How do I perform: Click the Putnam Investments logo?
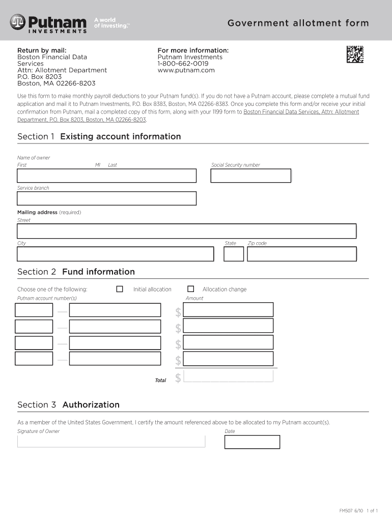click(x=48, y=23)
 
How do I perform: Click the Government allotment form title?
click(x=298, y=23)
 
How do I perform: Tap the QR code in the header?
click(x=355, y=54)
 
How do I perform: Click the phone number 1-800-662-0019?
click(x=183, y=64)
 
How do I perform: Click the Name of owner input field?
click(x=106, y=176)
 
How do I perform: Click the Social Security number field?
click(x=250, y=176)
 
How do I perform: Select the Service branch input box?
click(x=106, y=198)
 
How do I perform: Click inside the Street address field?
click(x=186, y=231)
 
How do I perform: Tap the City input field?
click(x=115, y=254)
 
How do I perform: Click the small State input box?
click(x=234, y=254)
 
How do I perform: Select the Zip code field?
click(x=301, y=254)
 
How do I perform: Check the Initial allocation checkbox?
click(x=120, y=289)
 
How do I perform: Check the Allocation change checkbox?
click(x=191, y=289)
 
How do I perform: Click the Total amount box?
click(x=228, y=376)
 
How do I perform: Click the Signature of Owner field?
click(x=111, y=441)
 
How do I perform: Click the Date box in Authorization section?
click(x=252, y=442)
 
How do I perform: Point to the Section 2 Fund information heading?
click(x=76, y=272)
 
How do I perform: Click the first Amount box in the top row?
click(x=228, y=309)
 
